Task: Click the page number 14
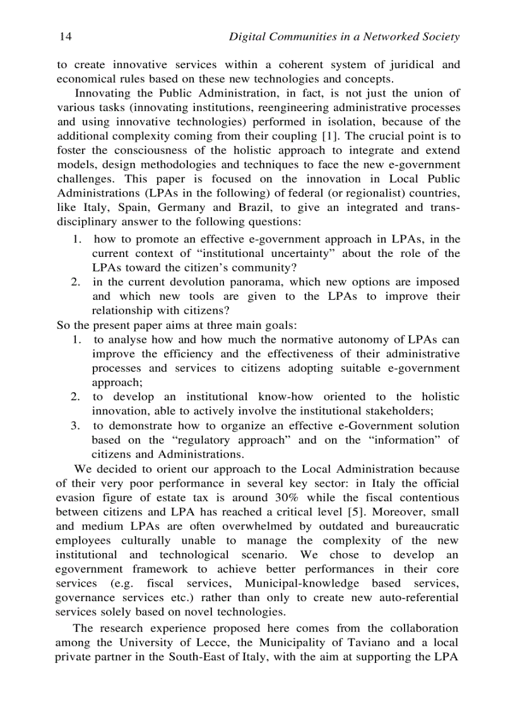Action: pyautogui.click(x=64, y=37)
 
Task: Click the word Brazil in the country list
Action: pyautogui.click(x=255, y=207)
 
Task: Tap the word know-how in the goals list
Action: pyautogui.click(x=286, y=396)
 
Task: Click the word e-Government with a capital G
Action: pyautogui.click(x=368, y=426)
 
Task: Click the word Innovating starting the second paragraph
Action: pyautogui.click(x=100, y=93)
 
